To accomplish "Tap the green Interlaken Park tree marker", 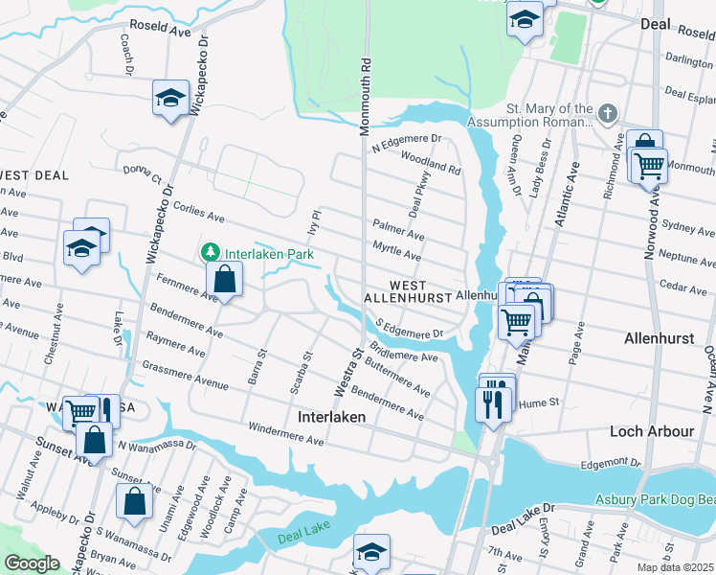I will click(x=208, y=253).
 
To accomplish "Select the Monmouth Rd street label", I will click(x=365, y=96).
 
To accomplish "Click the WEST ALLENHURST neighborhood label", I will click(x=420, y=292).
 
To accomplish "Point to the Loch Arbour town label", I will click(x=652, y=431).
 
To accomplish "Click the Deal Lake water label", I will click(x=303, y=539).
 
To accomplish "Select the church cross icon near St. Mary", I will click(x=605, y=115).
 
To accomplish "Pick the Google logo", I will click(x=32, y=563).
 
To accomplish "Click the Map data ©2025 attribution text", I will click(x=675, y=567).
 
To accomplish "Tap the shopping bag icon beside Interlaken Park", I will click(x=224, y=279).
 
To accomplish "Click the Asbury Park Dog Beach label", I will click(x=654, y=499).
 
